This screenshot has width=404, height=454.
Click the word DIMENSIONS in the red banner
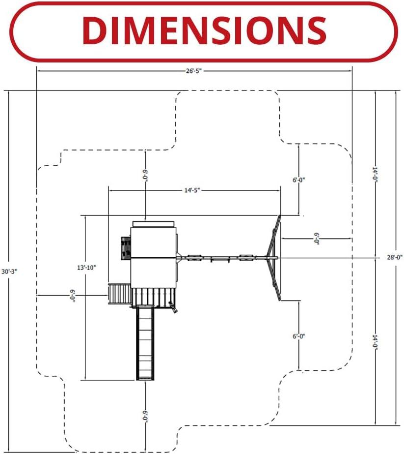[204, 30]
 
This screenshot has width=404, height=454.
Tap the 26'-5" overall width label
[193, 71]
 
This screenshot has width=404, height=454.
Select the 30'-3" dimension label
[9, 272]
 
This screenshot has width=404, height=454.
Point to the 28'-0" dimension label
[395, 257]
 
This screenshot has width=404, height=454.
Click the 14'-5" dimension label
[192, 190]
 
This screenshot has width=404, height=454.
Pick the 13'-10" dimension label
[86, 268]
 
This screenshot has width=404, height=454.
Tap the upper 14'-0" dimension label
[375, 174]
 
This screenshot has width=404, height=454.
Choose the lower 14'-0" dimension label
[375, 342]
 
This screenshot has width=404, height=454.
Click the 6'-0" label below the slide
[145, 416]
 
